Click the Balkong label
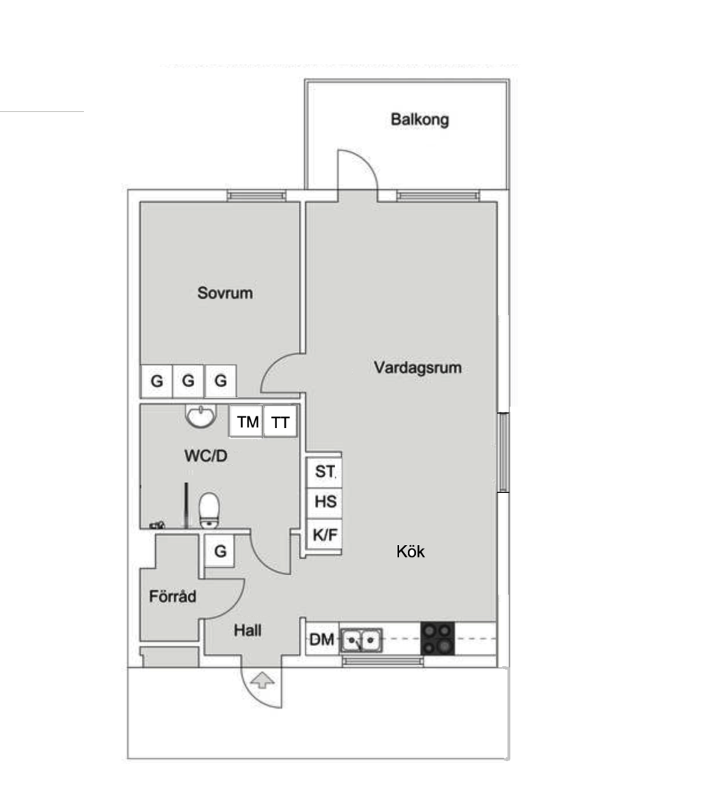[420, 120]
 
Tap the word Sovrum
[224, 293]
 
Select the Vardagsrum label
[417, 367]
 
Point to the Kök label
[410, 552]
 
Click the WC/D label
[205, 456]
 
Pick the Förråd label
[173, 596]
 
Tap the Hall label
[247, 630]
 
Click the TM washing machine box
[247, 422]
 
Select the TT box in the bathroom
[280, 422]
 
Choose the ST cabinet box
[325, 472]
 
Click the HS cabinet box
[325, 502]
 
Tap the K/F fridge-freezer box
[325, 534]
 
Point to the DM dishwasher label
[322, 639]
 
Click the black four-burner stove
[438, 639]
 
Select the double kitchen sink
[361, 641]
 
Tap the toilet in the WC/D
[209, 510]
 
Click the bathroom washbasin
[201, 416]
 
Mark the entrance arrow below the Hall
[262, 681]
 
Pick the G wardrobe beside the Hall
[219, 551]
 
